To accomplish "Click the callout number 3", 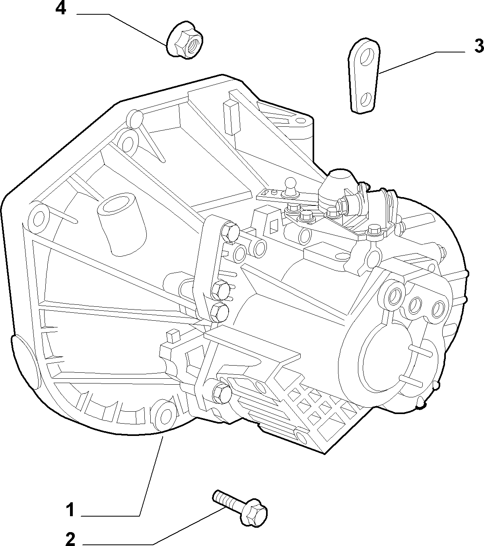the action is (479, 46).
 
